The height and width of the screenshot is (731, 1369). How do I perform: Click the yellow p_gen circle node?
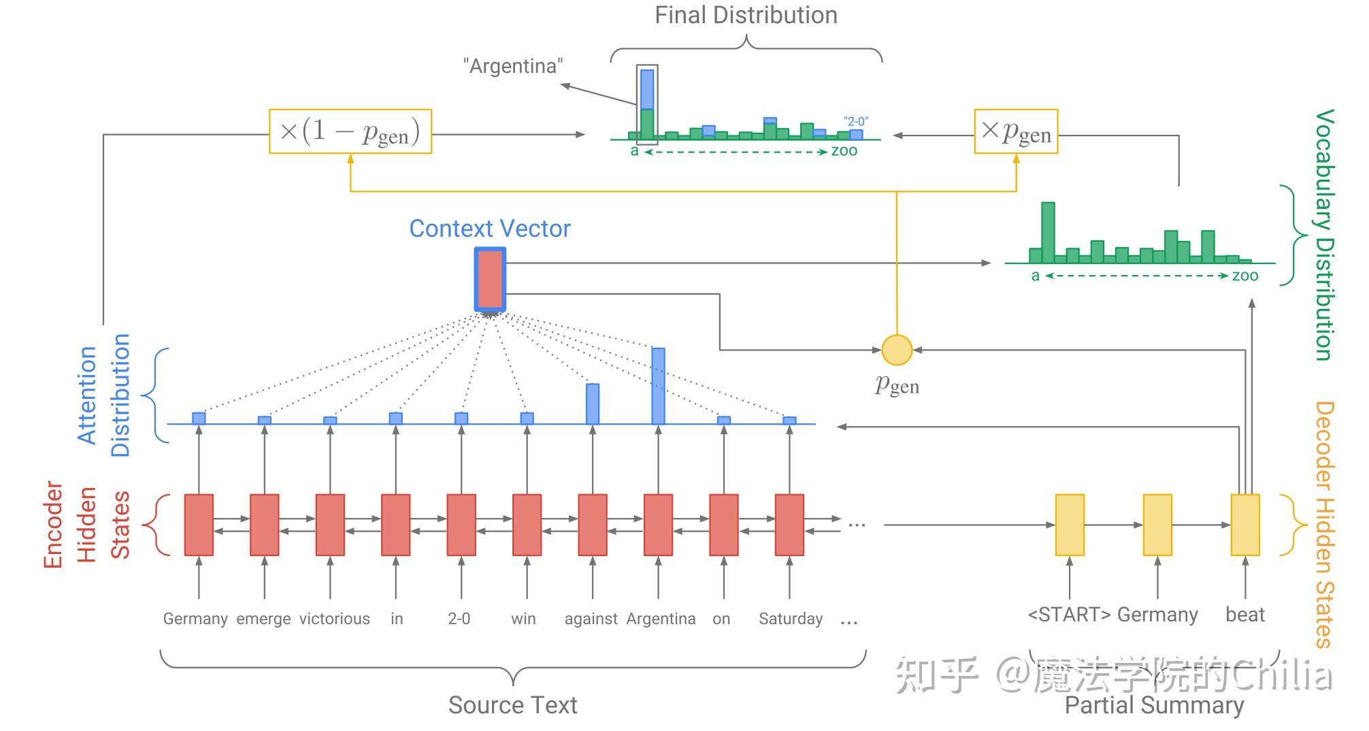[896, 350]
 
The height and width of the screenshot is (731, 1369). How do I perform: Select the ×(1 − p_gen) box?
[350, 131]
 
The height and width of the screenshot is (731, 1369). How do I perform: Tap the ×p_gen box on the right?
[1016, 131]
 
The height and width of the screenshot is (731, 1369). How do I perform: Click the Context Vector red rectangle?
[490, 279]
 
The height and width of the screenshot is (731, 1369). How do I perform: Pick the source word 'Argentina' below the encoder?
[661, 619]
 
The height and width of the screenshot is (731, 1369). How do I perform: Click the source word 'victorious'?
[335, 619]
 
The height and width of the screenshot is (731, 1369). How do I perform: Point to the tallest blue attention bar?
[658, 386]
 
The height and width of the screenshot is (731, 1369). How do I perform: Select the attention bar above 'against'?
[593, 404]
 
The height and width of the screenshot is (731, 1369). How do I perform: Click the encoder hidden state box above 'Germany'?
[199, 525]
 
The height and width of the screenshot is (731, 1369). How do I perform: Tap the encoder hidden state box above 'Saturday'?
[789, 525]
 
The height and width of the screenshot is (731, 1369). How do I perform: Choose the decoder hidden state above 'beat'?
[1245, 525]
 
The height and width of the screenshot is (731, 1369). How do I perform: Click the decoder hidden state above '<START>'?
[1070, 525]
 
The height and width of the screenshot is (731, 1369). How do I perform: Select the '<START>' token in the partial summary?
[1069, 615]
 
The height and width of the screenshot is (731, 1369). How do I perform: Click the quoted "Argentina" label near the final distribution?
[513, 66]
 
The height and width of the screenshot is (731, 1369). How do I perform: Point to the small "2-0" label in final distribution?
[856, 121]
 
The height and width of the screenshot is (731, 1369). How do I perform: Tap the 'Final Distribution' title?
[746, 16]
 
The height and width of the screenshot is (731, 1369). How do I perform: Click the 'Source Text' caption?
[512, 705]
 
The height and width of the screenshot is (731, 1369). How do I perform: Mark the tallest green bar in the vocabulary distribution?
[1048, 233]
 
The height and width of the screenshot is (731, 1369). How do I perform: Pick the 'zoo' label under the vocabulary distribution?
[1245, 276]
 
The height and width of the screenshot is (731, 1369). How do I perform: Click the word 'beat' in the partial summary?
[1244, 615]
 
